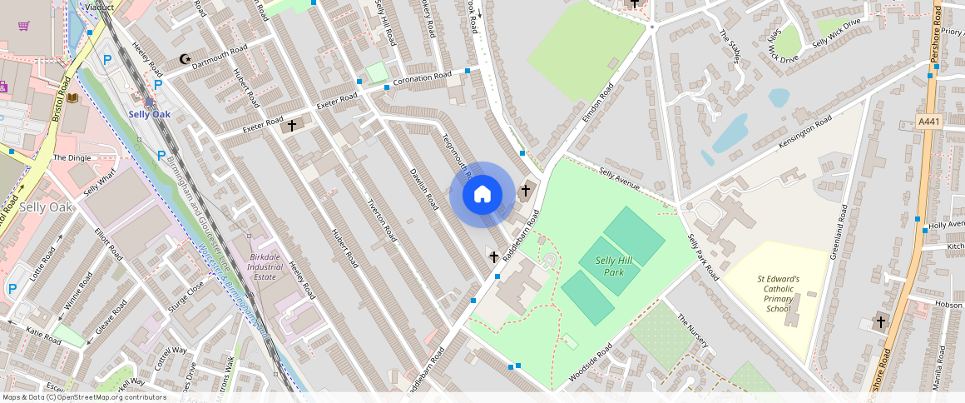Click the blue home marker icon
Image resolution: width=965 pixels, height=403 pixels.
coord(482,195)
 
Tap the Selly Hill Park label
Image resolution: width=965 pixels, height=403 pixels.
coord(614,266)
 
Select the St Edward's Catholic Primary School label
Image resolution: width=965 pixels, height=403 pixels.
coord(778,294)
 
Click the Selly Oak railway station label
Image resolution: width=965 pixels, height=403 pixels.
coord(149,114)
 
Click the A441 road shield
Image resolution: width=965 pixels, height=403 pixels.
coord(928,122)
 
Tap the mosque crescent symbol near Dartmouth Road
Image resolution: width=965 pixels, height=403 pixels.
coord(185,59)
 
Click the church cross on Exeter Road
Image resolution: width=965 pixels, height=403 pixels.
coord(292,127)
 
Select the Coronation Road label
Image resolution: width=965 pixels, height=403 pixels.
coord(422,78)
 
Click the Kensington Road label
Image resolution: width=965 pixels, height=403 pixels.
coord(804,133)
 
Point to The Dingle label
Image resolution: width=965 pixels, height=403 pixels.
coord(72,157)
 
